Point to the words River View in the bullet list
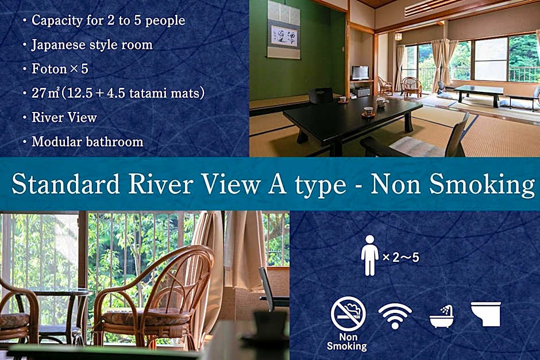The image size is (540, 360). pyautogui.click(x=64, y=118)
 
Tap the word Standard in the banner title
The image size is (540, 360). pyautogui.click(x=66, y=184)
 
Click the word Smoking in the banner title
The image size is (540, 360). pyautogui.click(x=482, y=184)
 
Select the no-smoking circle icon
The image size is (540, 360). pyautogui.click(x=348, y=313)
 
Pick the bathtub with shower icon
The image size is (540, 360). pyautogui.click(x=442, y=316)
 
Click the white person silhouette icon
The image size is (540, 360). pyautogui.click(x=369, y=255)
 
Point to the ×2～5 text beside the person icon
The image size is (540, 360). pyautogui.click(x=401, y=257)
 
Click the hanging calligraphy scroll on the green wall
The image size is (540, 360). pyautogui.click(x=283, y=30)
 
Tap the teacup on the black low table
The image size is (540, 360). pyautogui.click(x=368, y=111)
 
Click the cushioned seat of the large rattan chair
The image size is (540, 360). pyautogui.click(x=147, y=316)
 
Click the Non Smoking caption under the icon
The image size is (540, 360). pyautogui.click(x=347, y=342)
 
